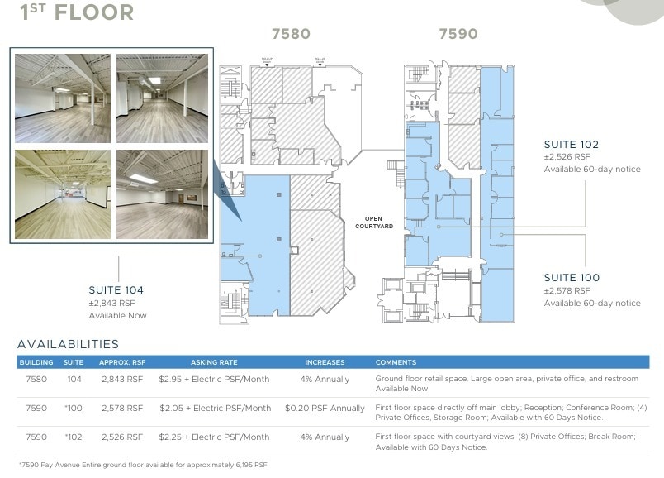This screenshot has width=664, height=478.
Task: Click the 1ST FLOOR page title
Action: (77, 12)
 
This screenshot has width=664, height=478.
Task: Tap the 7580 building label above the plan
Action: (291, 34)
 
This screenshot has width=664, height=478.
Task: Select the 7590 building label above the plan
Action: (458, 34)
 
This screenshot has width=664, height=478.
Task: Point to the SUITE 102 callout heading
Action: (572, 145)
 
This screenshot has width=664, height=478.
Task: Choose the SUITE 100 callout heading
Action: (572, 278)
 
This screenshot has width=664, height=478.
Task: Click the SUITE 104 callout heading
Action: (116, 290)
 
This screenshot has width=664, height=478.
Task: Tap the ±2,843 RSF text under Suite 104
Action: (111, 303)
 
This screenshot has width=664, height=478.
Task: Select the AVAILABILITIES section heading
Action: (68, 344)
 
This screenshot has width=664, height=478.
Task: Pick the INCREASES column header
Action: (325, 362)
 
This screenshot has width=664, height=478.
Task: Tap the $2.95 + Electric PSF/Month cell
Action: (214, 379)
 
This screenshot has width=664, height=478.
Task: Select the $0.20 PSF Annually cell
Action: (325, 408)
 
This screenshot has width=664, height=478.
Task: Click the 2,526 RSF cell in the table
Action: (122, 437)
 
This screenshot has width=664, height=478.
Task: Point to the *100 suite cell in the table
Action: (74, 408)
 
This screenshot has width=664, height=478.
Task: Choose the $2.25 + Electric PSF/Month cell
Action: (214, 437)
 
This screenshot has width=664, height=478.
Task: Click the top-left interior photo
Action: (62, 98)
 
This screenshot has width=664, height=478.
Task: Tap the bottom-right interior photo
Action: (162, 194)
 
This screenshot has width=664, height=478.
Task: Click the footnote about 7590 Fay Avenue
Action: (143, 465)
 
